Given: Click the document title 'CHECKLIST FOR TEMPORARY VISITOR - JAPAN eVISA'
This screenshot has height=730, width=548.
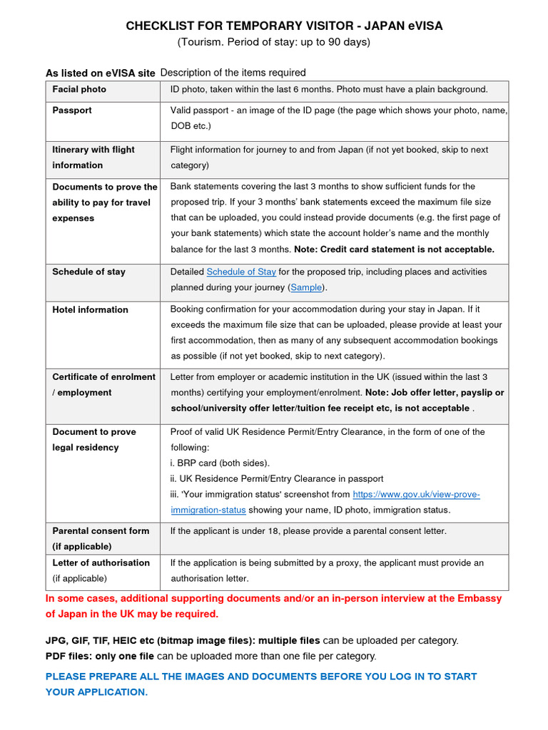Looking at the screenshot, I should click(284, 26).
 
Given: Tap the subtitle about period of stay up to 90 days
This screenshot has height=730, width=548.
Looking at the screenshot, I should click(274, 42).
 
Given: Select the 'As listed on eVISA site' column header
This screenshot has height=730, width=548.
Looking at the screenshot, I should click(100, 73).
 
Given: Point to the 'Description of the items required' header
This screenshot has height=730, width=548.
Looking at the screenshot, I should click(233, 73).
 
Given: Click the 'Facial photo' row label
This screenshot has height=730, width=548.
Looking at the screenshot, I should click(79, 89).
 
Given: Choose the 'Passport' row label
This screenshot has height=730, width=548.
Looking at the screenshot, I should click(72, 110).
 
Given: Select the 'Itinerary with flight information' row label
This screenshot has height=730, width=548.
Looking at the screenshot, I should click(93, 158).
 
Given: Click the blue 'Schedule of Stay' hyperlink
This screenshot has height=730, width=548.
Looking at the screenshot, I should click(241, 272).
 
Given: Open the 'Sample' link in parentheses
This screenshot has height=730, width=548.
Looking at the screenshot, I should click(306, 287).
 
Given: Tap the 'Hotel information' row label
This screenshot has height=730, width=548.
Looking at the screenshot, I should click(90, 309).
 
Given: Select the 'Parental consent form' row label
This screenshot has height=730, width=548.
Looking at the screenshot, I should click(101, 538).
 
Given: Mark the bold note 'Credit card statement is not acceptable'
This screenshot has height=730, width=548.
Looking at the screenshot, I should click(407, 250).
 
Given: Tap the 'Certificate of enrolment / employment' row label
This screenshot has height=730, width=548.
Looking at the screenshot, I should click(103, 384).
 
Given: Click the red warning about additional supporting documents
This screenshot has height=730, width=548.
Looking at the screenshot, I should click(274, 606).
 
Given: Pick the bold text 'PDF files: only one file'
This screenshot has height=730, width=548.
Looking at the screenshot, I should click(100, 656).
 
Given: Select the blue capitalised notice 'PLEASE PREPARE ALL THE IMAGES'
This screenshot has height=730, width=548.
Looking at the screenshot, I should click(261, 684).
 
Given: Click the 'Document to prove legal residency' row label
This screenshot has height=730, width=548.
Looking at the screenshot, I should click(94, 439).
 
